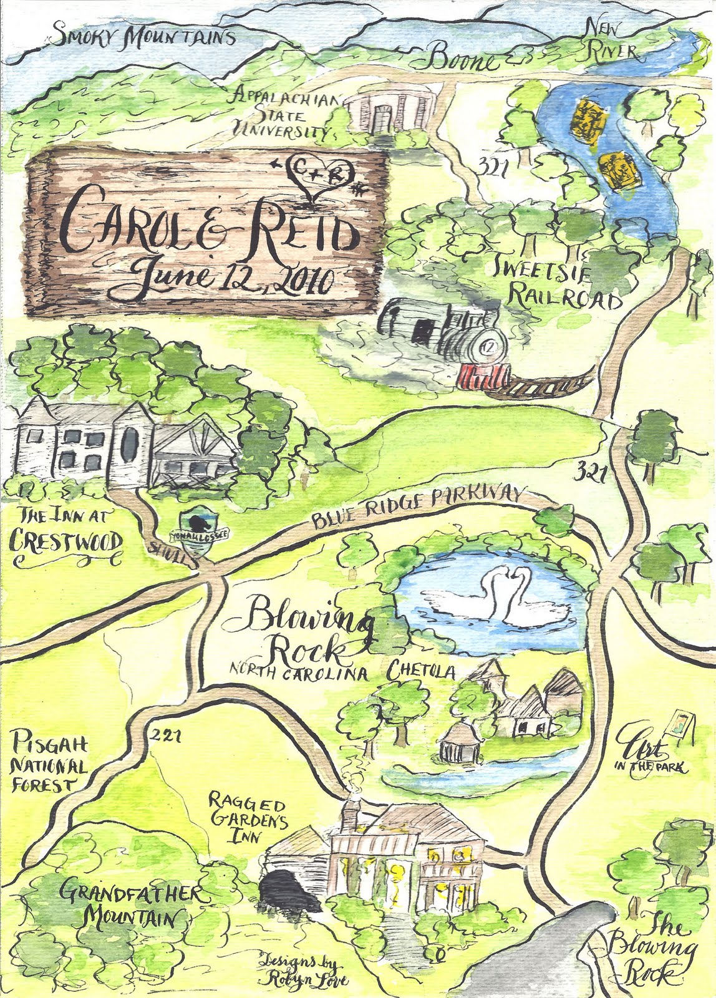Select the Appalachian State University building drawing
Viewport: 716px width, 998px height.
388,110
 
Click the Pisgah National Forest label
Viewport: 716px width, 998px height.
49,763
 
